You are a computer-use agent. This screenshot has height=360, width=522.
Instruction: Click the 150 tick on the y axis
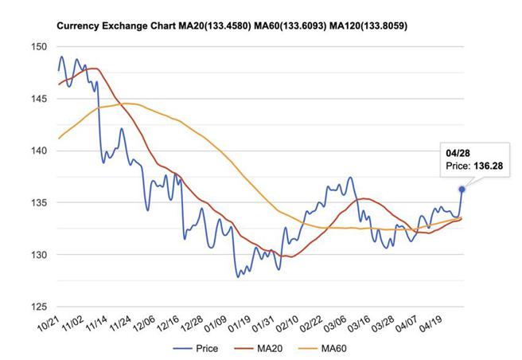click(x=38, y=47)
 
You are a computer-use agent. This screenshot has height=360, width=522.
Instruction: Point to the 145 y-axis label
click(x=38, y=99)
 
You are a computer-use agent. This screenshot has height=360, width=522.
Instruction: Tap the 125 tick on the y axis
click(x=38, y=307)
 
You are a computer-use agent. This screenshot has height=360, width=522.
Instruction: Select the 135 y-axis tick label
click(x=38, y=203)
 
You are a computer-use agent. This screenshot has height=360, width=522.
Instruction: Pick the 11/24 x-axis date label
click(x=119, y=326)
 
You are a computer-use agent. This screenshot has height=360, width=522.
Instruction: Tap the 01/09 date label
click(x=215, y=326)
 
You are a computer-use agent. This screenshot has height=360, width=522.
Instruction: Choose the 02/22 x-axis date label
click(x=310, y=326)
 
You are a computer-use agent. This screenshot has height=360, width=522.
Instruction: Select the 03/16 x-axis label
click(x=357, y=326)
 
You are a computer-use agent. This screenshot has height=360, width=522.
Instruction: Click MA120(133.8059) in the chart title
click(x=363, y=26)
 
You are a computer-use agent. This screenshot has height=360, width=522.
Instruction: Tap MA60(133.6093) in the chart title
click(x=283, y=26)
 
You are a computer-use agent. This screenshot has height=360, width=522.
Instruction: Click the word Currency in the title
click(x=78, y=26)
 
